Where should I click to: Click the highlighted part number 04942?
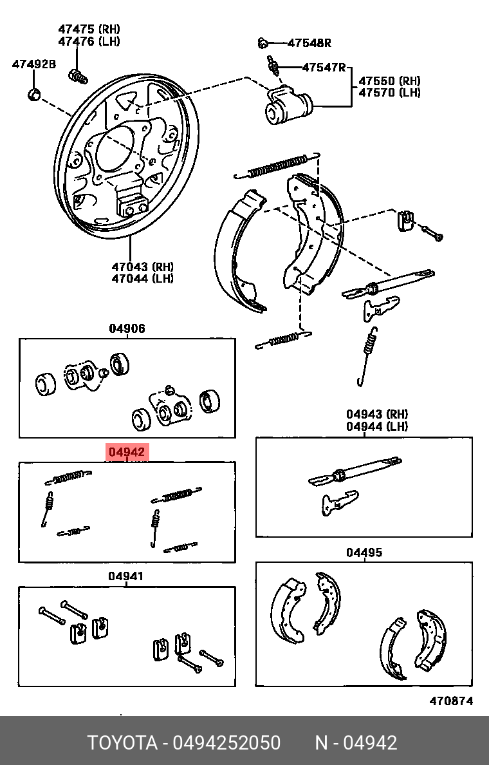[x=127, y=453]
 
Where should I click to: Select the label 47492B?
[x=34, y=64]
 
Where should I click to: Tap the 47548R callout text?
[x=309, y=43]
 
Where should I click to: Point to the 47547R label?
[x=324, y=67]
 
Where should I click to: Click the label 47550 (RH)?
[x=389, y=81]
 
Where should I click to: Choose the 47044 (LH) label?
[x=142, y=278]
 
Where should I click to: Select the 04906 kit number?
[x=127, y=328]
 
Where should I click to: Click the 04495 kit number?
[x=364, y=552]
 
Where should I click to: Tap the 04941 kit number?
[x=125, y=576]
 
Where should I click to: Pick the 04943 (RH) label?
[x=377, y=414]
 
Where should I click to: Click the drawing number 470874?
[x=451, y=701]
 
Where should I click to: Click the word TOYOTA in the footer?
[x=122, y=743]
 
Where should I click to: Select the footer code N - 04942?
[x=356, y=743]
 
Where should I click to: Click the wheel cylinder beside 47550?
[x=289, y=106]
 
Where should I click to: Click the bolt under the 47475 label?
[x=77, y=77]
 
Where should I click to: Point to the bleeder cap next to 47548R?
[x=262, y=43]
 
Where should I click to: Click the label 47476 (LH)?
[x=89, y=41]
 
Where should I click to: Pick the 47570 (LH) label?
[x=389, y=93]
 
